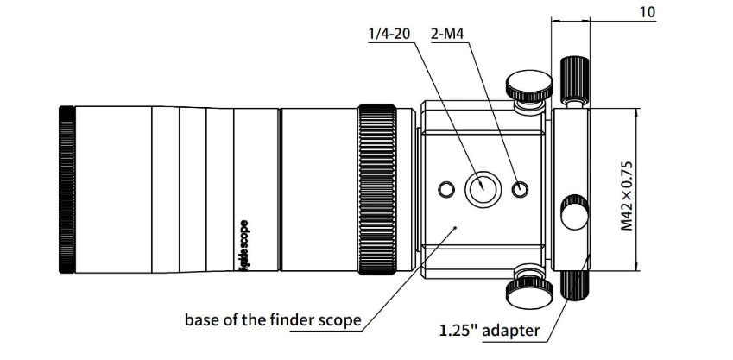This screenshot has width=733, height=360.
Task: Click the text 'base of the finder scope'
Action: click(272, 319)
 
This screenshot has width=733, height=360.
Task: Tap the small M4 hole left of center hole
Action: click(446, 189)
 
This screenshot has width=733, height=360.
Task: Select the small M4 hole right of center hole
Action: click(520, 189)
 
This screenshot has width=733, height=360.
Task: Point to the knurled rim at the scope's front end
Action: click(65, 188)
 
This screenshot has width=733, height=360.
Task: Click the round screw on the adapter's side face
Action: click(573, 212)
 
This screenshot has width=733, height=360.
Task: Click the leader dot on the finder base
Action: click(456, 227)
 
